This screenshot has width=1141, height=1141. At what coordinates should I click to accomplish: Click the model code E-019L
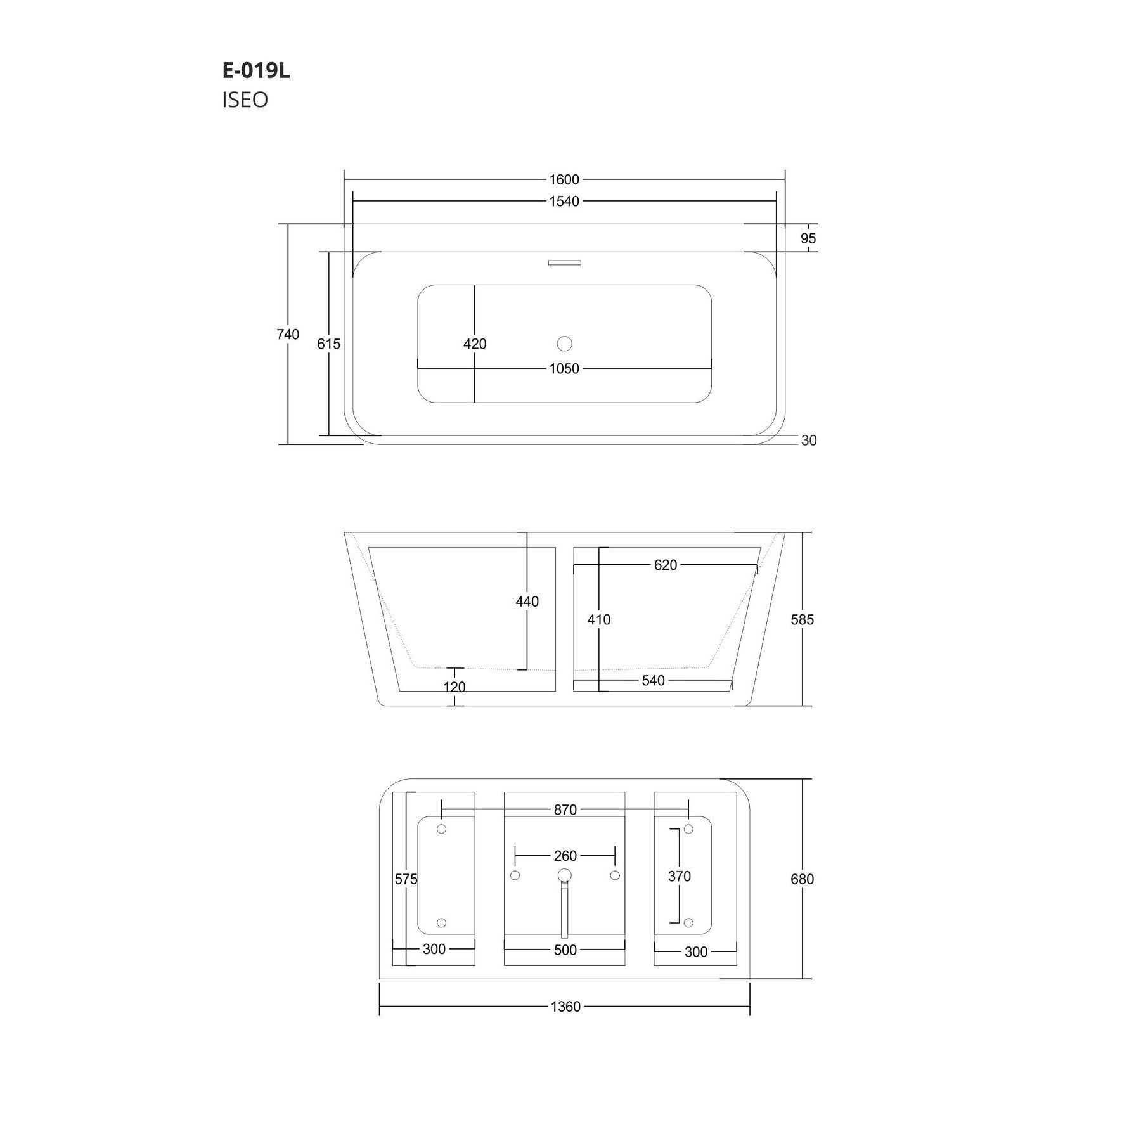[x=256, y=71]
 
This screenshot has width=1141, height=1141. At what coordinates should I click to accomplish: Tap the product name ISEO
[x=245, y=100]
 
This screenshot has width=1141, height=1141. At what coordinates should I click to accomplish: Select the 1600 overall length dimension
[x=564, y=180]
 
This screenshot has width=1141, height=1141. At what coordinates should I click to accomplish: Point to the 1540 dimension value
[x=564, y=202]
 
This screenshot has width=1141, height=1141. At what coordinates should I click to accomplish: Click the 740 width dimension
[x=288, y=334]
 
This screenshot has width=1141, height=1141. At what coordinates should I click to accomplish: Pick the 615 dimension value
[x=329, y=344]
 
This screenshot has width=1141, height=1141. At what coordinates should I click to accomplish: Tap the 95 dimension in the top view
[x=808, y=238]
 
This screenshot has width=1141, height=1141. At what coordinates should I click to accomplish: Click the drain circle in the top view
[x=564, y=344]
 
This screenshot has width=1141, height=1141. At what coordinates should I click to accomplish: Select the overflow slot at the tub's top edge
[x=564, y=262]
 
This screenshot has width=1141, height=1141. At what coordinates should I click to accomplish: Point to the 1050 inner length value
[x=564, y=369]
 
